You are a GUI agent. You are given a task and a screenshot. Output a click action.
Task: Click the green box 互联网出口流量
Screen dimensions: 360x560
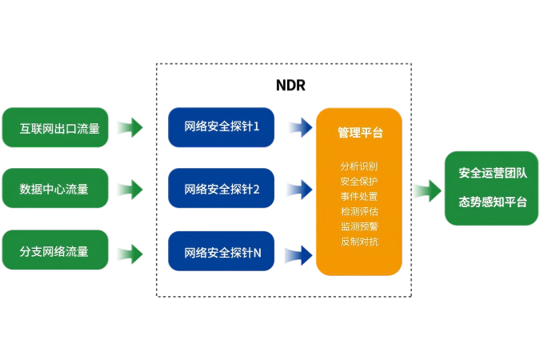[55, 128]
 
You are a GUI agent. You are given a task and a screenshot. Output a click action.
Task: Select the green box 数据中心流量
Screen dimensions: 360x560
[55, 189]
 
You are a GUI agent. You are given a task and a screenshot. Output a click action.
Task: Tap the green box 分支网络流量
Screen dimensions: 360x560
[55, 250]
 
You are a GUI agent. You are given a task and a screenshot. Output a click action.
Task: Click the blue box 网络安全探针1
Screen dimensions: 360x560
[222, 127]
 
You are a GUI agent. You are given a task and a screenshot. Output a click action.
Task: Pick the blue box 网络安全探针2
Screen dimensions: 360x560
[222, 189]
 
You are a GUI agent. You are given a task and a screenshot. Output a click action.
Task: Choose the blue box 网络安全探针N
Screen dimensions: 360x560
[222, 252]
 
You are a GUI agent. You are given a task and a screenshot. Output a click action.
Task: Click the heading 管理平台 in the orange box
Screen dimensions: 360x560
[360, 132]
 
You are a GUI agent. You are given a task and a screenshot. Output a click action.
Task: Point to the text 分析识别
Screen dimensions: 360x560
[359, 166]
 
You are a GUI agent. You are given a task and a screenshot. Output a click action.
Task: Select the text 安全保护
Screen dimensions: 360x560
[359, 182]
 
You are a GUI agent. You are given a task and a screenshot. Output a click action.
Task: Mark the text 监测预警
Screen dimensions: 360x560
[359, 226]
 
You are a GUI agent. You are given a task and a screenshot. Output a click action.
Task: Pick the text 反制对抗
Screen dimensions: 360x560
[359, 242]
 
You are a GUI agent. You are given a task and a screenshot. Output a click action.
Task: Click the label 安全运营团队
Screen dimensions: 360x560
[493, 173]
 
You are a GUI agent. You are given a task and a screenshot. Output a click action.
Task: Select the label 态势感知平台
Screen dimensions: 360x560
[493, 202]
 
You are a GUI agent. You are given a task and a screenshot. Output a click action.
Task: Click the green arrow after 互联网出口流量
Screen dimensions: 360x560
[130, 127]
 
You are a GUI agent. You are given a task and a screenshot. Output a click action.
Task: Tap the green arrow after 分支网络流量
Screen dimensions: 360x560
[130, 254]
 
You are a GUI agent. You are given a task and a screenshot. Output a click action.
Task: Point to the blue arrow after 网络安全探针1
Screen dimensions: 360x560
[300, 127]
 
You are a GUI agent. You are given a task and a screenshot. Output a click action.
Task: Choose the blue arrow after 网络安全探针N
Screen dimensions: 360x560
[298, 255]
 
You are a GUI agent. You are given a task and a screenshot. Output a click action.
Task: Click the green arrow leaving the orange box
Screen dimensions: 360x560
[426, 190]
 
